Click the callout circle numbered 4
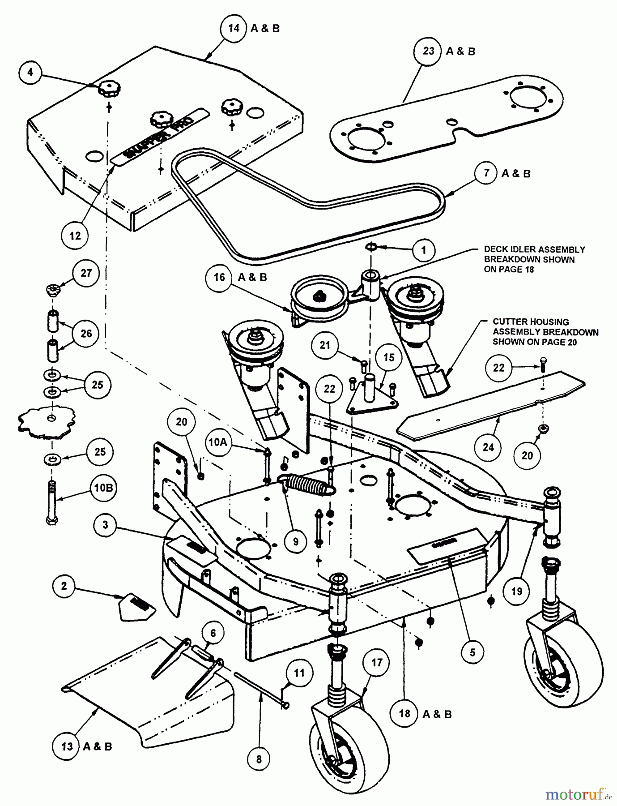(30, 73)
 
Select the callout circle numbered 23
(428, 51)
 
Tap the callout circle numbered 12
(75, 235)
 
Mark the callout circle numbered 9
(296, 541)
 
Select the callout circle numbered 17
(377, 662)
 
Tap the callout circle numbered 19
(516, 591)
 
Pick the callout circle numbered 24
(488, 447)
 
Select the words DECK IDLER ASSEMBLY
(534, 249)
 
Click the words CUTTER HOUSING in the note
(531, 322)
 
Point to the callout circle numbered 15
(388, 357)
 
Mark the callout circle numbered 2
(64, 586)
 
